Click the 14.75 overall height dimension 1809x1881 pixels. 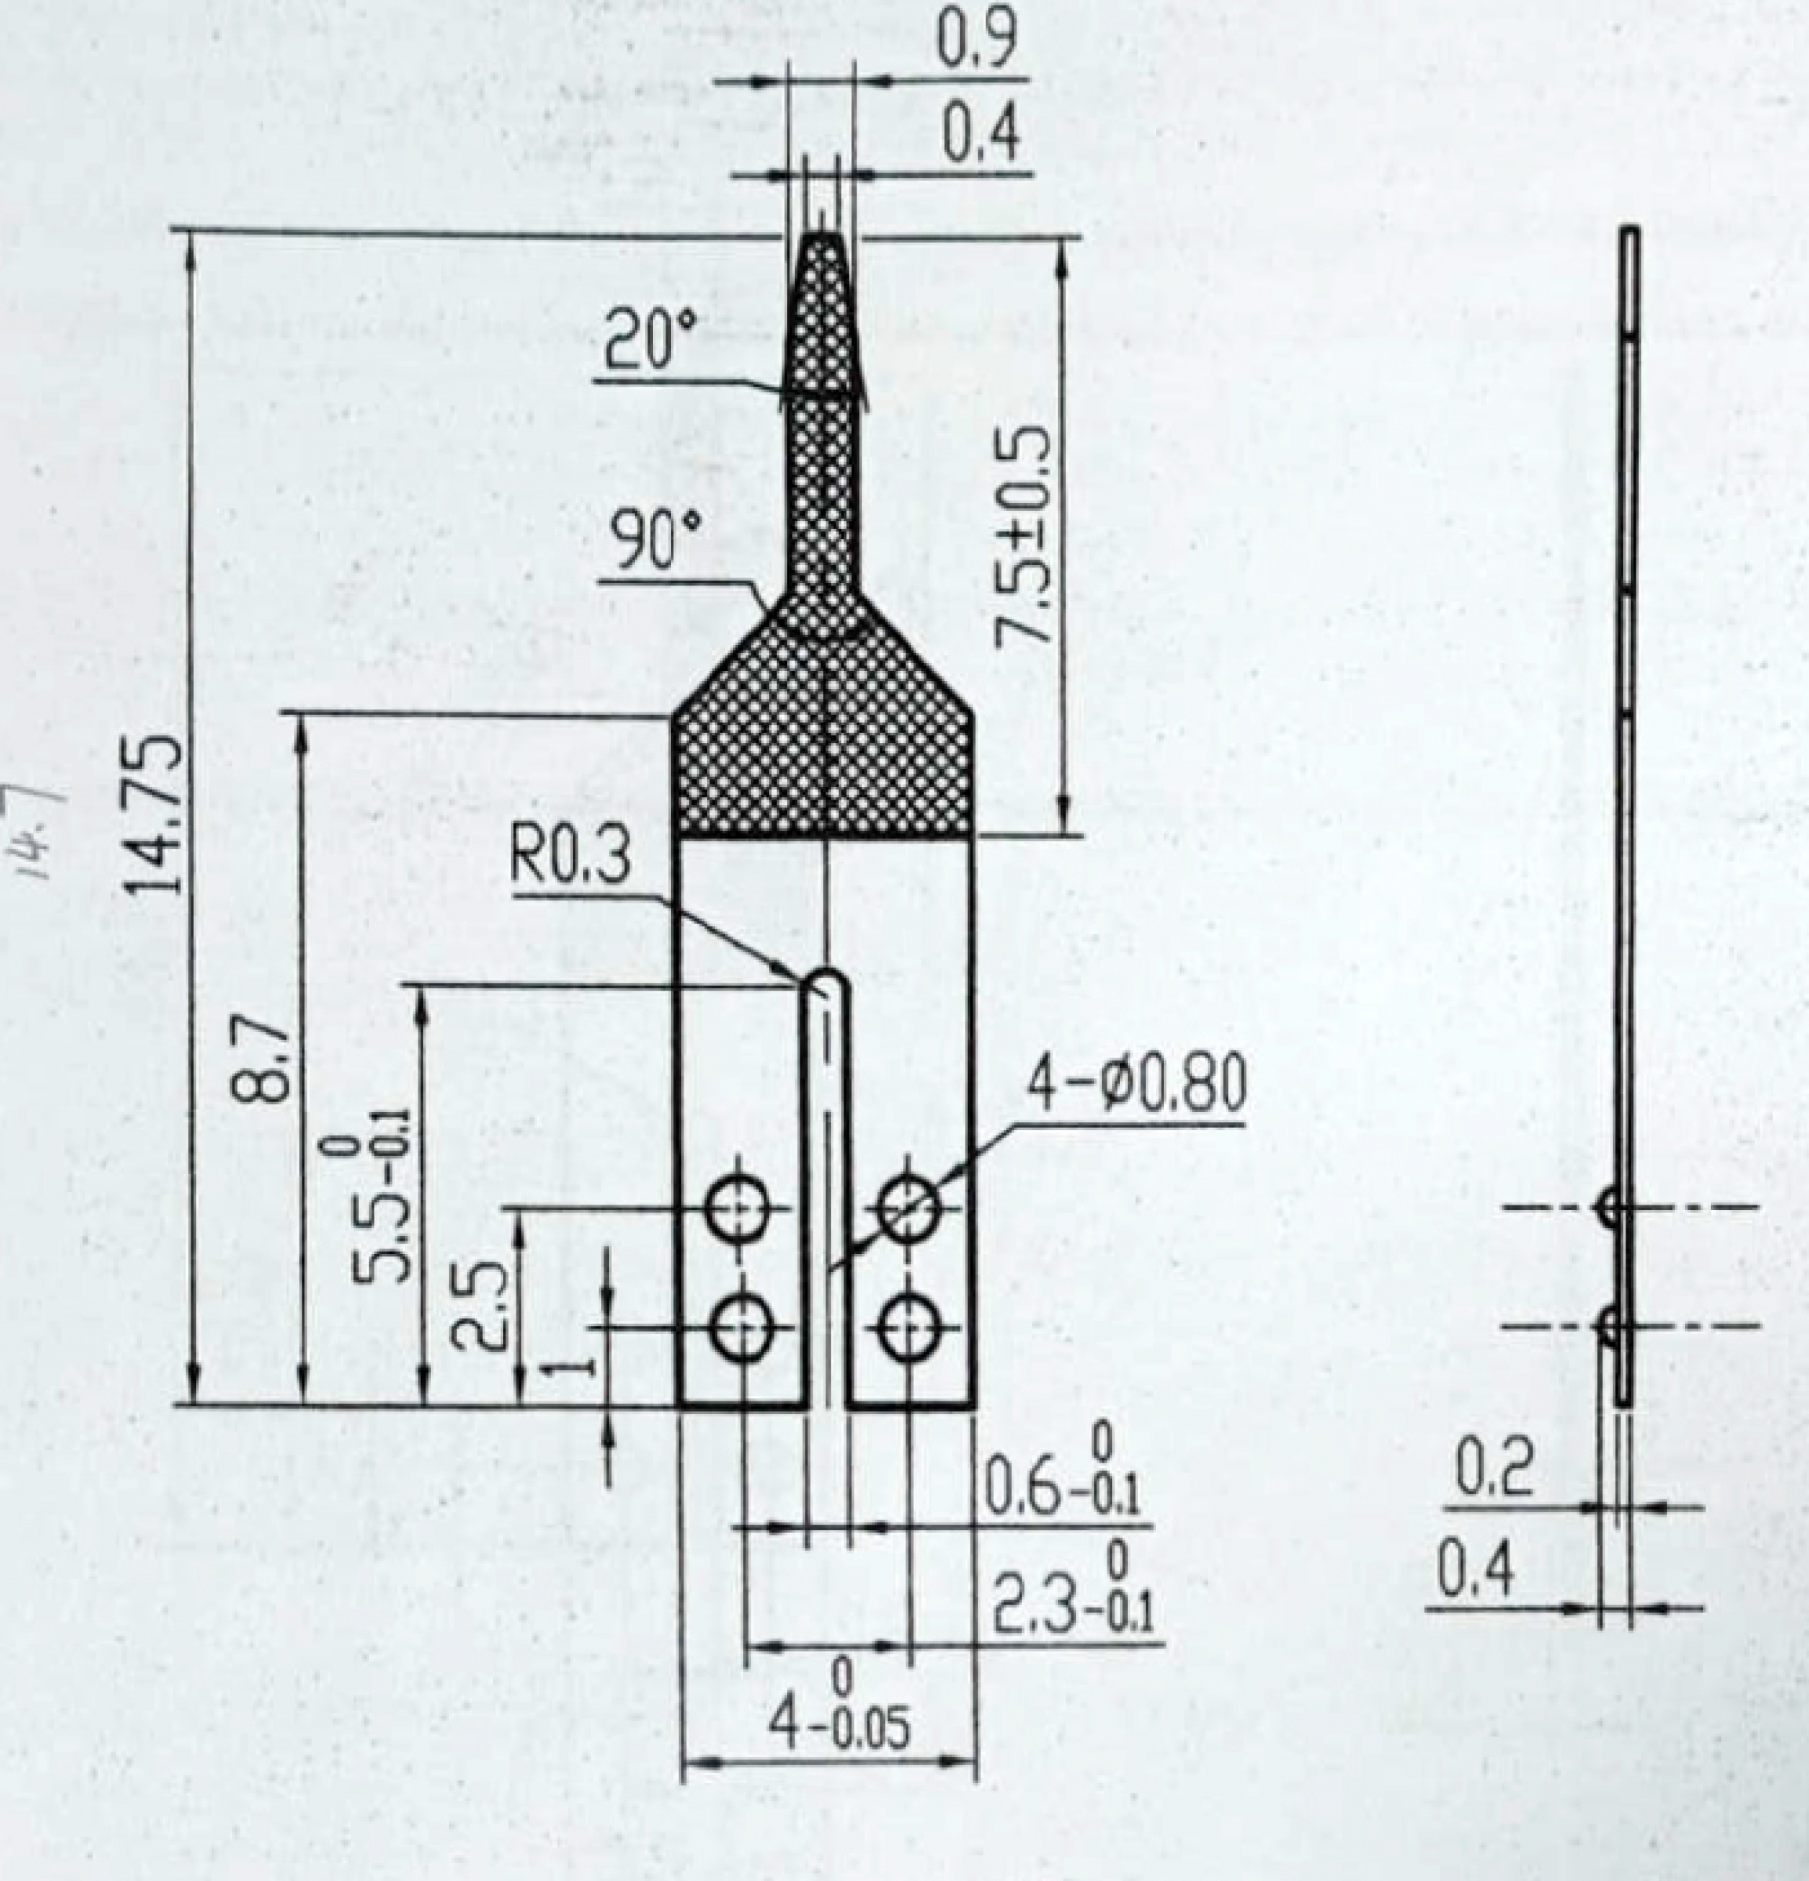tap(154, 814)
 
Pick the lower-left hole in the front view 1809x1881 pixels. tap(741, 1328)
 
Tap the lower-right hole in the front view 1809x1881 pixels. tap(908, 1328)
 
